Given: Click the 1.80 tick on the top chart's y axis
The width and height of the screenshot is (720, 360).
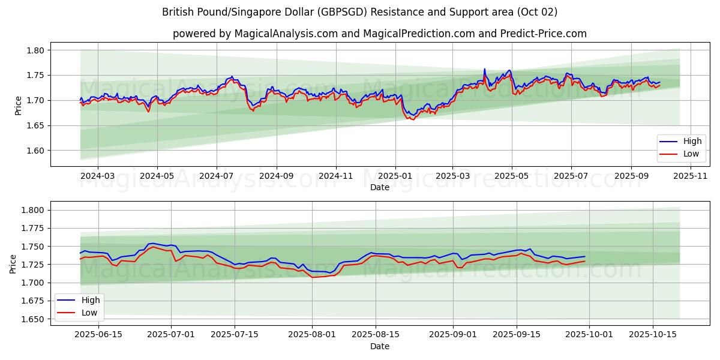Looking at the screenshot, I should tap(35, 50).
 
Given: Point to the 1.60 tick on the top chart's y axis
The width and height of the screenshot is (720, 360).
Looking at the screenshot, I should tap(35, 151).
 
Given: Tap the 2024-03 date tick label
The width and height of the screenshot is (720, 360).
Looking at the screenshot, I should tap(97, 176).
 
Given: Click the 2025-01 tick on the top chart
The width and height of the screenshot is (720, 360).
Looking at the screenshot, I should tap(395, 176).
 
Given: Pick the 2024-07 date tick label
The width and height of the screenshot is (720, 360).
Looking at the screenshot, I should tap(216, 176).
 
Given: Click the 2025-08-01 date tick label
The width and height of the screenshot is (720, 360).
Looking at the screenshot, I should tap(312, 334).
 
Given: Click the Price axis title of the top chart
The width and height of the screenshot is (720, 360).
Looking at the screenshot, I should tap(19, 106).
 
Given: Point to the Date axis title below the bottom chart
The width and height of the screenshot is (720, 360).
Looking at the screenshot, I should tap(379, 346).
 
